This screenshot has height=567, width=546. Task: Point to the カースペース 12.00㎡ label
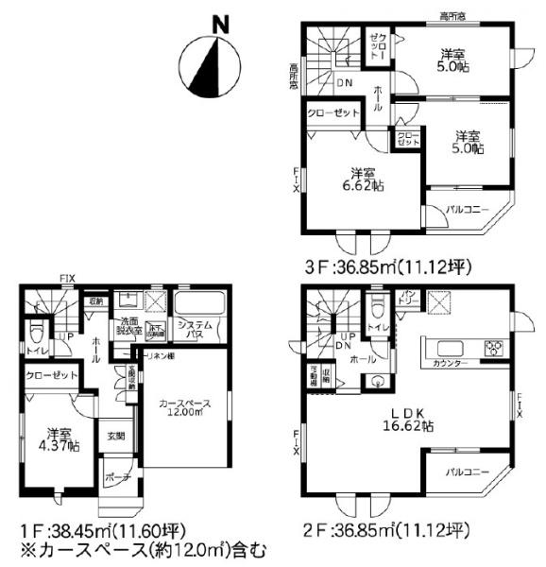187,406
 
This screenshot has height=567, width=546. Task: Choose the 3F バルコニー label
468,209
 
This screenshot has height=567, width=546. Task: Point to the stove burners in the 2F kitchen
494,349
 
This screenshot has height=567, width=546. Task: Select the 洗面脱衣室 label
130,326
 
